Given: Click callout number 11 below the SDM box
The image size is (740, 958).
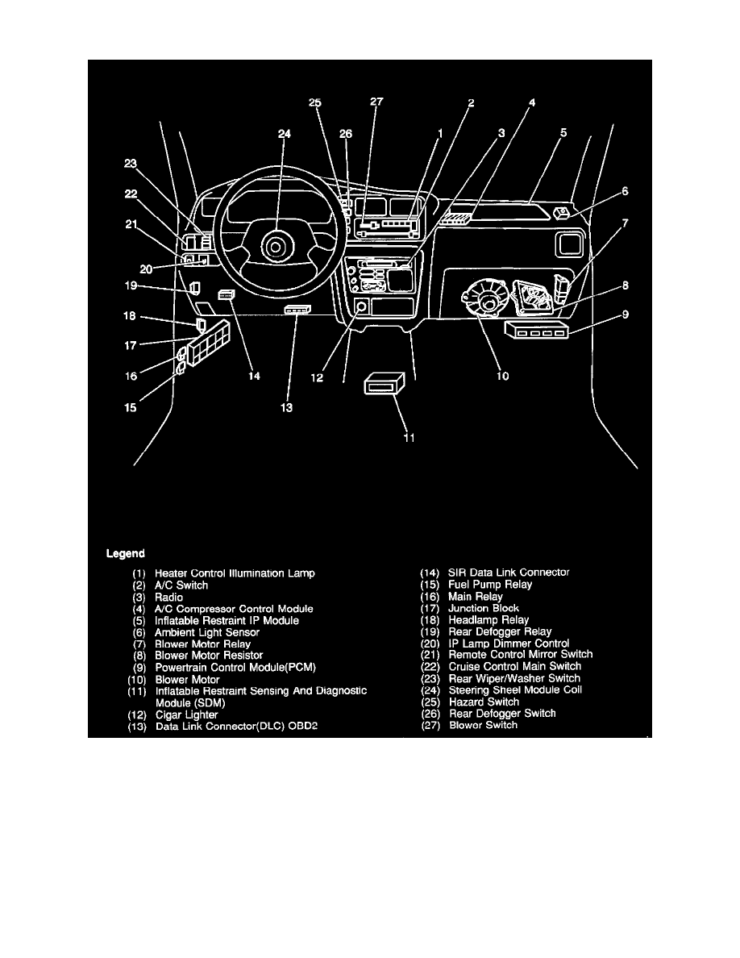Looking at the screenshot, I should (x=409, y=438).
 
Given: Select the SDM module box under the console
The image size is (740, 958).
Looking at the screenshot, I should (x=382, y=385).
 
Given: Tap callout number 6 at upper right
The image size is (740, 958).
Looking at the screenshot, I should (x=625, y=192).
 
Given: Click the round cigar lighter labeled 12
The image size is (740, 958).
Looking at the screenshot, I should (x=360, y=306).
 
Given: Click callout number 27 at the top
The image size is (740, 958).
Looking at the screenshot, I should (x=376, y=102).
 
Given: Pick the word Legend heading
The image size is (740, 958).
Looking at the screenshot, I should (x=126, y=554).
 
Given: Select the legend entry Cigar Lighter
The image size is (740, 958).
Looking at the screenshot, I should (x=186, y=714).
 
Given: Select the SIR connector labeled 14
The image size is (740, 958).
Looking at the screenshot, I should (x=226, y=295).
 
